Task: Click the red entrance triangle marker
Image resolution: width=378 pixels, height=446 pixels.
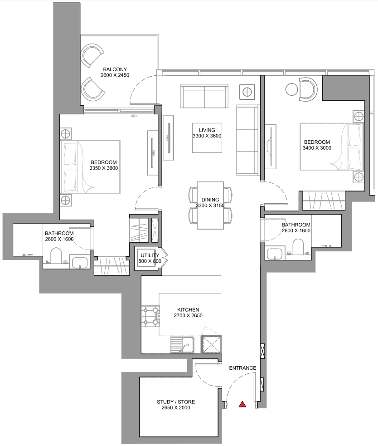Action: click(x=242, y=404)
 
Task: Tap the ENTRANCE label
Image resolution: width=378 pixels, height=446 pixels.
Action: click(x=243, y=368)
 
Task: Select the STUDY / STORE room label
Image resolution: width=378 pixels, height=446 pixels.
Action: click(x=176, y=402)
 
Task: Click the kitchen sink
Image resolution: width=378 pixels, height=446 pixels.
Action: click(x=182, y=344)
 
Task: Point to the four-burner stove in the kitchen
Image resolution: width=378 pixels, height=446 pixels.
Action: click(x=150, y=316)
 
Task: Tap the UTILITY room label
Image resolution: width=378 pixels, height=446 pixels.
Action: click(x=150, y=255)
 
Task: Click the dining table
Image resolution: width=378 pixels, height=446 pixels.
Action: click(x=210, y=205)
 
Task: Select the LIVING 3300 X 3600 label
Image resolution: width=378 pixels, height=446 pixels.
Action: click(x=207, y=133)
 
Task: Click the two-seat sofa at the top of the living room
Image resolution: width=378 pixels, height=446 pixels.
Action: click(x=204, y=96)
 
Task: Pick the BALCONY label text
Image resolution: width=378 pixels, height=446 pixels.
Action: click(x=115, y=69)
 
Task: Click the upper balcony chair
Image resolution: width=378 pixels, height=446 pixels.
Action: click(x=92, y=55)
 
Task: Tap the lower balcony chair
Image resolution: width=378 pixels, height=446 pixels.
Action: click(x=92, y=88)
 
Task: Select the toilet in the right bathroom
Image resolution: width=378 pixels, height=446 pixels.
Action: click(x=298, y=246)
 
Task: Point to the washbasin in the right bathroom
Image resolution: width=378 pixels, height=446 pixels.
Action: click(x=275, y=254)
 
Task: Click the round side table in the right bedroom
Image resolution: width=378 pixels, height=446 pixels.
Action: click(x=291, y=89)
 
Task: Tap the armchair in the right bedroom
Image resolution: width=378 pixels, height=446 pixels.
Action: click(x=308, y=89)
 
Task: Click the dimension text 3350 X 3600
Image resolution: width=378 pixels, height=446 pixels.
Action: click(x=104, y=168)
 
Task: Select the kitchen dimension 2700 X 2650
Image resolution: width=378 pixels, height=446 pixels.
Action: click(x=188, y=315)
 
